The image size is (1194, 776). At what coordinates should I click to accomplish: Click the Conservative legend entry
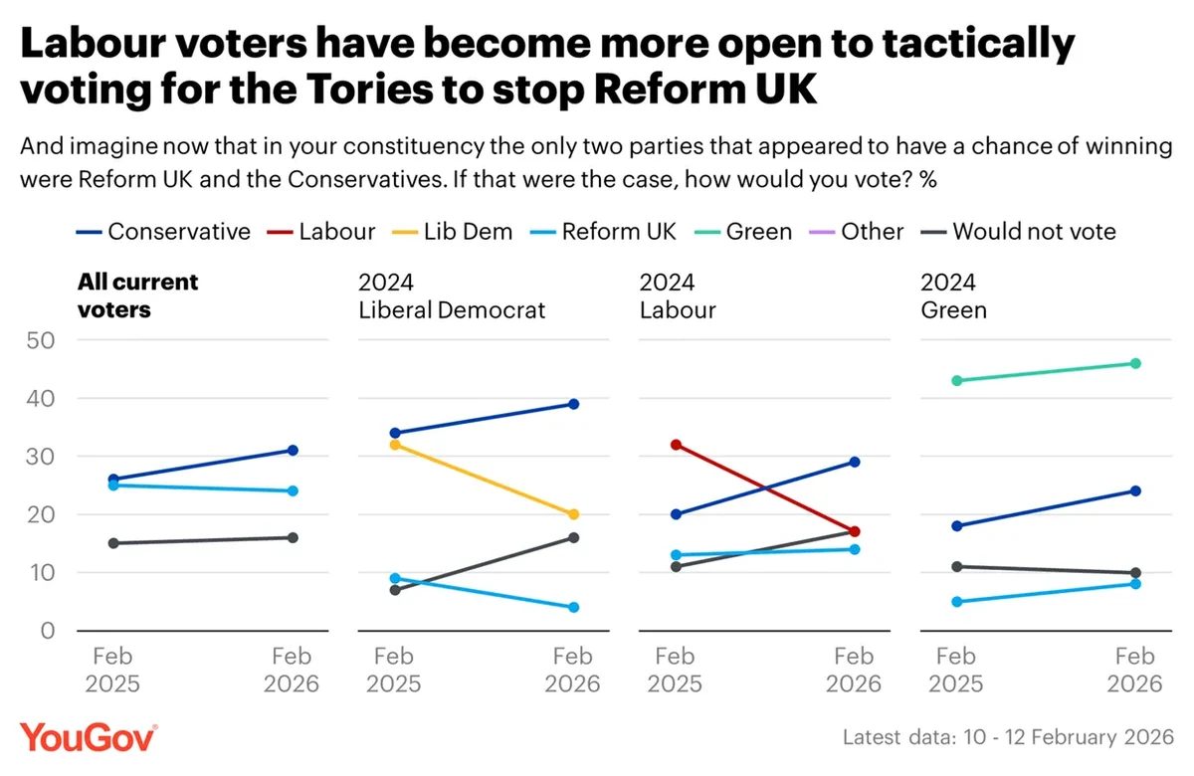pyautogui.click(x=164, y=232)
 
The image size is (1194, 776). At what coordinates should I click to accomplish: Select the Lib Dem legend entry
pyautogui.click(x=453, y=232)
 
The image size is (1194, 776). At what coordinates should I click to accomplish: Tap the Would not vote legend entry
pyautogui.click(x=1019, y=232)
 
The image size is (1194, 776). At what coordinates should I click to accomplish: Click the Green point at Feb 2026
pyautogui.click(x=1135, y=363)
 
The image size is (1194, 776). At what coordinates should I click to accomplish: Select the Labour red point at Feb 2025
pyautogui.click(x=676, y=445)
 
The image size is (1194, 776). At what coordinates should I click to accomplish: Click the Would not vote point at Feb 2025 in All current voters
pyautogui.click(x=113, y=543)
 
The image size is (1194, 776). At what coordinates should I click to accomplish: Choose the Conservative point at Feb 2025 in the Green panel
pyautogui.click(x=956, y=525)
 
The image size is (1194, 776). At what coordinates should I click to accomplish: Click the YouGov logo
pyautogui.click(x=88, y=737)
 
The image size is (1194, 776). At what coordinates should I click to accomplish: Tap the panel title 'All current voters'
pyautogui.click(x=137, y=295)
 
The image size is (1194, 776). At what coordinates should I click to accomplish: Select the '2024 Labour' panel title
pyautogui.click(x=677, y=295)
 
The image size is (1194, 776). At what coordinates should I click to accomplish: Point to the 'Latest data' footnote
pyautogui.click(x=1007, y=737)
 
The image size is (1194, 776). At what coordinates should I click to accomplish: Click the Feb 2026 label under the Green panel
pyautogui.click(x=1135, y=670)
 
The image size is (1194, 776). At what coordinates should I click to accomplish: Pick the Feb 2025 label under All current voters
pyautogui.click(x=113, y=670)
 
